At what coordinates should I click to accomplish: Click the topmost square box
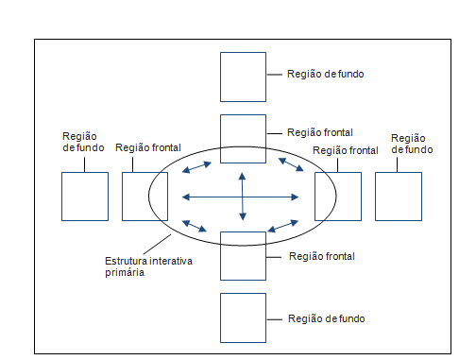click(x=244, y=77)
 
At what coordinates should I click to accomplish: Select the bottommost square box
click(x=244, y=318)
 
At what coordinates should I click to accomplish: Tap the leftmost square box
click(x=84, y=197)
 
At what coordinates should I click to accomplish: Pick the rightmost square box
click(x=399, y=197)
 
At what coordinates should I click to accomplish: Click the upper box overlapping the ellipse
click(x=244, y=137)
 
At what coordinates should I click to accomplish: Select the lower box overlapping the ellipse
click(x=244, y=256)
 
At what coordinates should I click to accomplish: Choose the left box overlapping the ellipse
click(x=144, y=197)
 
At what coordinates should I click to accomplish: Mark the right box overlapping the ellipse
click(x=337, y=197)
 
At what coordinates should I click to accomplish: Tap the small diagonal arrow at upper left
click(x=197, y=166)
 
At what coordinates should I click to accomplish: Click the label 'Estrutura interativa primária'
click(x=147, y=266)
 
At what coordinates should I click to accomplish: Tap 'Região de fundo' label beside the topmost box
click(x=325, y=73)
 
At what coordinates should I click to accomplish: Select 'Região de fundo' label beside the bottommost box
click(x=325, y=318)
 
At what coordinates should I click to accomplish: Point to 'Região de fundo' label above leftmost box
click(x=81, y=143)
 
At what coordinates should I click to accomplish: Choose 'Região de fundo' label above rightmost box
click(x=410, y=143)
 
